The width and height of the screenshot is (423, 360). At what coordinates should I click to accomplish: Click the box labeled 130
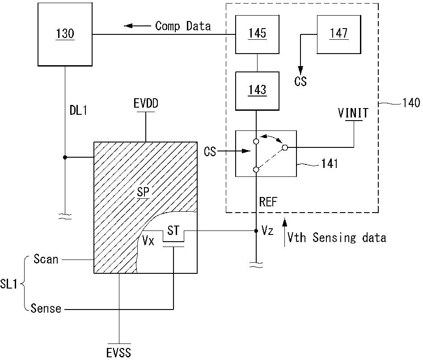coord(65,34)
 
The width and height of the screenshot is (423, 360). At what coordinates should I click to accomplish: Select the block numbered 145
coord(257,34)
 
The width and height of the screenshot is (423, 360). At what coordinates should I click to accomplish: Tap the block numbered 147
coord(339,34)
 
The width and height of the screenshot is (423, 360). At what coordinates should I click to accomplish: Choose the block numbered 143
coord(257,91)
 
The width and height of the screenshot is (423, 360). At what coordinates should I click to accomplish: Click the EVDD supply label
coord(146,104)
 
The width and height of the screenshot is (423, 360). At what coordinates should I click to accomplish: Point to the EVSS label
coord(118,353)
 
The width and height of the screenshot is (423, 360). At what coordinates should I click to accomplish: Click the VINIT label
coord(353,113)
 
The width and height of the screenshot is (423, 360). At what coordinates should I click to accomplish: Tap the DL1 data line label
coord(78,110)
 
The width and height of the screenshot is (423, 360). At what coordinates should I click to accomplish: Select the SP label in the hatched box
coord(143,192)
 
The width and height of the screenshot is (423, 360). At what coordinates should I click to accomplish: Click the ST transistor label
coord(173,230)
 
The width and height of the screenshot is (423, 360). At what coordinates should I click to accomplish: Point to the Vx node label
coord(148,240)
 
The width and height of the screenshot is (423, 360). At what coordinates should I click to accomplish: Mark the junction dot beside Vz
coord(256,231)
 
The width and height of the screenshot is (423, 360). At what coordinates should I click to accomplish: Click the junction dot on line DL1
coord(65,157)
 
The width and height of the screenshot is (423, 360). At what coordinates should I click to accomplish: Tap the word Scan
coord(46,259)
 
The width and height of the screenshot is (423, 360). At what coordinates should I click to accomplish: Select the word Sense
coord(46,308)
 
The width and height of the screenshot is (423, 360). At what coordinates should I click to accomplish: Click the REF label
coord(268,201)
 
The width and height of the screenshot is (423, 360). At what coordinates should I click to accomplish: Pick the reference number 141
coord(330,163)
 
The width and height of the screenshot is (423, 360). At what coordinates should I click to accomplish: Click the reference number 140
coord(411,103)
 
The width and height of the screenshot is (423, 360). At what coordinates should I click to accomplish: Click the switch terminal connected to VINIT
coord(285,147)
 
